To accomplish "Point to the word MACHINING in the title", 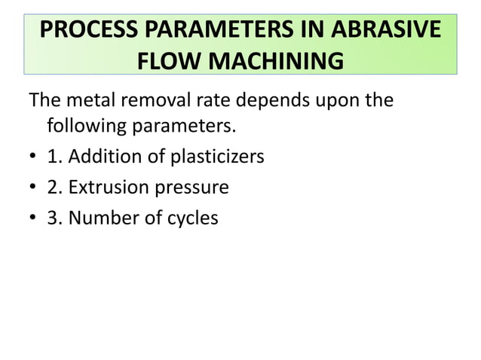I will click(279, 60).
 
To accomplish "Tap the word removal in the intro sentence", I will click(165, 99).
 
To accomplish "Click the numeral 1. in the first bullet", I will click(54, 157).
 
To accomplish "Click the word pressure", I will click(189, 188).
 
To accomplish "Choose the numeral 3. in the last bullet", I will click(54, 218).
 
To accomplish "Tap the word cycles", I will click(191, 218).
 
